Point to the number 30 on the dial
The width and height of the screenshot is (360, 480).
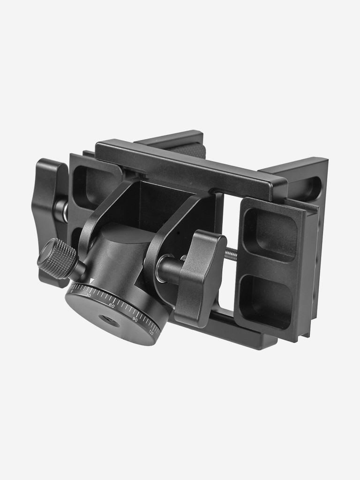click(x=89, y=295)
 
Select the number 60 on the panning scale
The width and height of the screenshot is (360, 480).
click(x=112, y=305)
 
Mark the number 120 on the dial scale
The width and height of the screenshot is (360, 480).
click(x=151, y=332)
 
